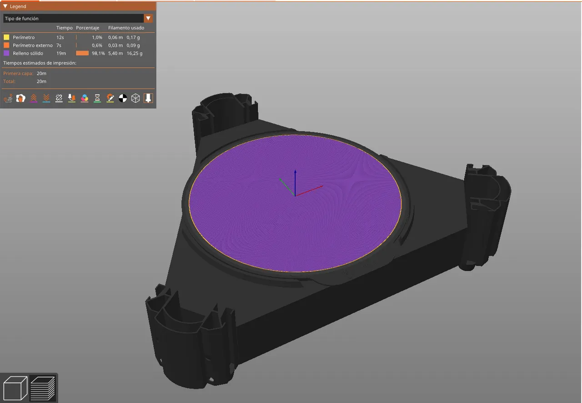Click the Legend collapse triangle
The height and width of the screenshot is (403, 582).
pos(5,6)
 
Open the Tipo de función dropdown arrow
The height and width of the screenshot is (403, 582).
pos(148,18)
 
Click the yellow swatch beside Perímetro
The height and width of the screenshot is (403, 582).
pos(6,37)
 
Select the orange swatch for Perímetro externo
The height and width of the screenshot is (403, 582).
pos(6,46)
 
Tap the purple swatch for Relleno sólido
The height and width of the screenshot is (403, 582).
pos(6,53)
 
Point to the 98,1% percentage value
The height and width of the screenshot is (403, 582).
pos(98,53)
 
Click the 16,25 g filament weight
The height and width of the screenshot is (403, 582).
pos(135,53)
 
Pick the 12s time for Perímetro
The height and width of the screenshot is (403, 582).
pos(60,37)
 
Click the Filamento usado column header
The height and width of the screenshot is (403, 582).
pos(126,28)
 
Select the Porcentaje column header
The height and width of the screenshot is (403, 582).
pos(87,28)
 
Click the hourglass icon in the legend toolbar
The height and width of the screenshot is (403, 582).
pos(97,98)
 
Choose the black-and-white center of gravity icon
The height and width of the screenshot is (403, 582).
pos(123,98)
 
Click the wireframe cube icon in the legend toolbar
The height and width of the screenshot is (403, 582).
pos(135,98)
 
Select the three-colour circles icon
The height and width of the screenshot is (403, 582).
pos(85,98)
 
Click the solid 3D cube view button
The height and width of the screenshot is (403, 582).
pos(15,388)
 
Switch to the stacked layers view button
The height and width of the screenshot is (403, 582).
pos(43,388)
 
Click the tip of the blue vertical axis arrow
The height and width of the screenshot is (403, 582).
pos(296,171)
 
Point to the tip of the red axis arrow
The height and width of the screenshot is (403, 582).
pos(322,186)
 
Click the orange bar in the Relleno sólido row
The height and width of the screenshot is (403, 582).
pos(82,53)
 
